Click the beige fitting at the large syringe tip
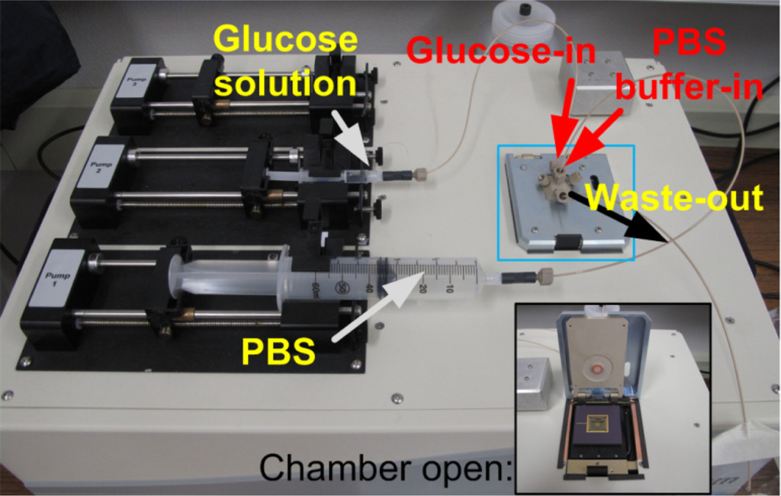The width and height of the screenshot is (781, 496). pos(545,275)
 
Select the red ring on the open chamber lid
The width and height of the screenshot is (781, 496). pos(598,370)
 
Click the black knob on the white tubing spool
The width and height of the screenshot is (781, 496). pos(525,10)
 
